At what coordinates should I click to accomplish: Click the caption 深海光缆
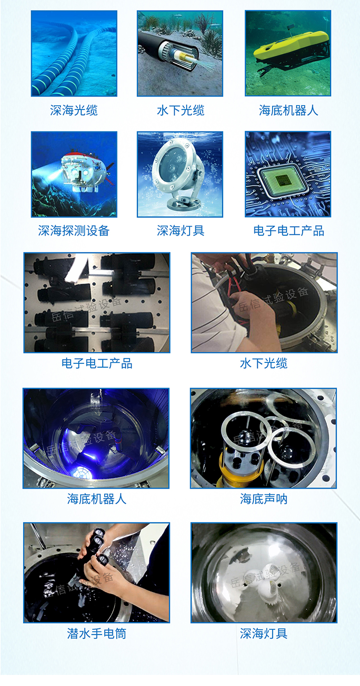(74, 111)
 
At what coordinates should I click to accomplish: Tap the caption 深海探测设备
(74, 231)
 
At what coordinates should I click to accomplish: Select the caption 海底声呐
(264, 499)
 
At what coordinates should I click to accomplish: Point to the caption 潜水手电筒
(96, 634)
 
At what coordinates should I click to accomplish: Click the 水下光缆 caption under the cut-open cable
(180, 111)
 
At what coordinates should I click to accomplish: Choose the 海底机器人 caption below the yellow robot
(288, 111)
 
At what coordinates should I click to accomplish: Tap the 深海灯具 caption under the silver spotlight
(180, 231)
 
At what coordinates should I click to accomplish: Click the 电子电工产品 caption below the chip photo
(288, 231)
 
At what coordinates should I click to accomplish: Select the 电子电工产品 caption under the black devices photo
(96, 363)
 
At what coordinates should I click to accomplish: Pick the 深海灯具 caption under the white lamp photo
(264, 634)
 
